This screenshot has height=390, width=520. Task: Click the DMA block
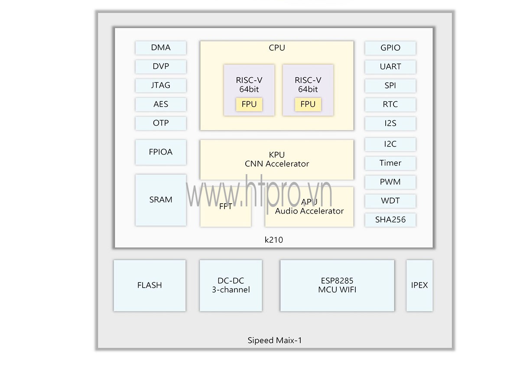(161, 48)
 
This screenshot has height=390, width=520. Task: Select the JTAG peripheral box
(161, 85)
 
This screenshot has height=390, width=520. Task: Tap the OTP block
(161, 123)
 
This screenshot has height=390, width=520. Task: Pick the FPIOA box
(161, 152)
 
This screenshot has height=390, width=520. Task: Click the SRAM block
(161, 200)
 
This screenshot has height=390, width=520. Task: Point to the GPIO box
(390, 48)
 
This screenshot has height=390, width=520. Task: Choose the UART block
(390, 67)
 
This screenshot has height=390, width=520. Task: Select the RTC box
(390, 104)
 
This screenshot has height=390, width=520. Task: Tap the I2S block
(390, 123)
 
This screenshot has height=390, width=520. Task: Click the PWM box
(390, 182)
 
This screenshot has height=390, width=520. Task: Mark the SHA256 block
(390, 220)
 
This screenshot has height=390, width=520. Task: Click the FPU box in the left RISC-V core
(249, 104)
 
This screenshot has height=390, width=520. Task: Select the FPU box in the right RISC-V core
(308, 104)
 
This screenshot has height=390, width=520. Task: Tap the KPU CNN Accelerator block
(276, 159)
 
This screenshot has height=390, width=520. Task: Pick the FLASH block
(149, 285)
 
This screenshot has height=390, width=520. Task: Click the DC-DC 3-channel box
(231, 285)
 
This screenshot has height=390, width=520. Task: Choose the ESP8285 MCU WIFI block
(337, 285)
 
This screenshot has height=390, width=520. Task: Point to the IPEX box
(419, 285)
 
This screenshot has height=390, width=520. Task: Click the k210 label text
(274, 240)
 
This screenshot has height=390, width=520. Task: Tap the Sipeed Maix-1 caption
(275, 340)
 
